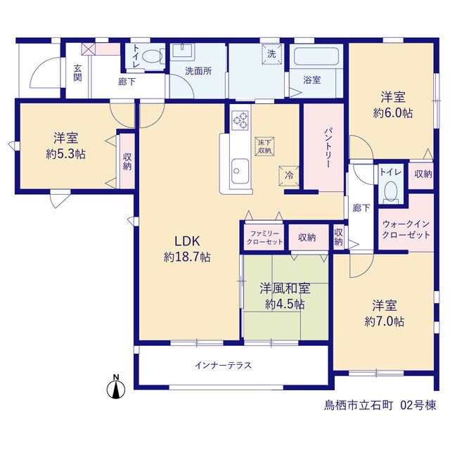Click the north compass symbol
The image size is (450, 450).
(x=116, y=387)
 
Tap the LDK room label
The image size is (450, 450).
(x=187, y=241)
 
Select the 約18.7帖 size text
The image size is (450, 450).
(x=187, y=257)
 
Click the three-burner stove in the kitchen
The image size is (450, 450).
(x=240, y=120)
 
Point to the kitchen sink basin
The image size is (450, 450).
(x=240, y=171)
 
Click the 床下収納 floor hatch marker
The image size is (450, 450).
(x=264, y=146)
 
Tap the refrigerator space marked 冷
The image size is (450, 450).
(x=289, y=176)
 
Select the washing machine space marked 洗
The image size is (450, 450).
(x=271, y=54)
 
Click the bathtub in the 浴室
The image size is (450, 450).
(x=316, y=56)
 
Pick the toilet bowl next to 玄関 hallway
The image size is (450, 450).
(x=153, y=56)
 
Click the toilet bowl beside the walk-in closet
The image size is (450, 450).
(x=391, y=191)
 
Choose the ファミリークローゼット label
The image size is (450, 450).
(x=264, y=238)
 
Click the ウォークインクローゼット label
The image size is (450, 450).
(x=406, y=229)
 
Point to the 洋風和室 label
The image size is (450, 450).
(x=285, y=288)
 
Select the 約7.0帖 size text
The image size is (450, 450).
(x=385, y=321)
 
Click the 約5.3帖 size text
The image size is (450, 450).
(x=65, y=154)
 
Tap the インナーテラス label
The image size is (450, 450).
(x=223, y=366)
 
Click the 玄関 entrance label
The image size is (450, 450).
(x=77, y=73)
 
